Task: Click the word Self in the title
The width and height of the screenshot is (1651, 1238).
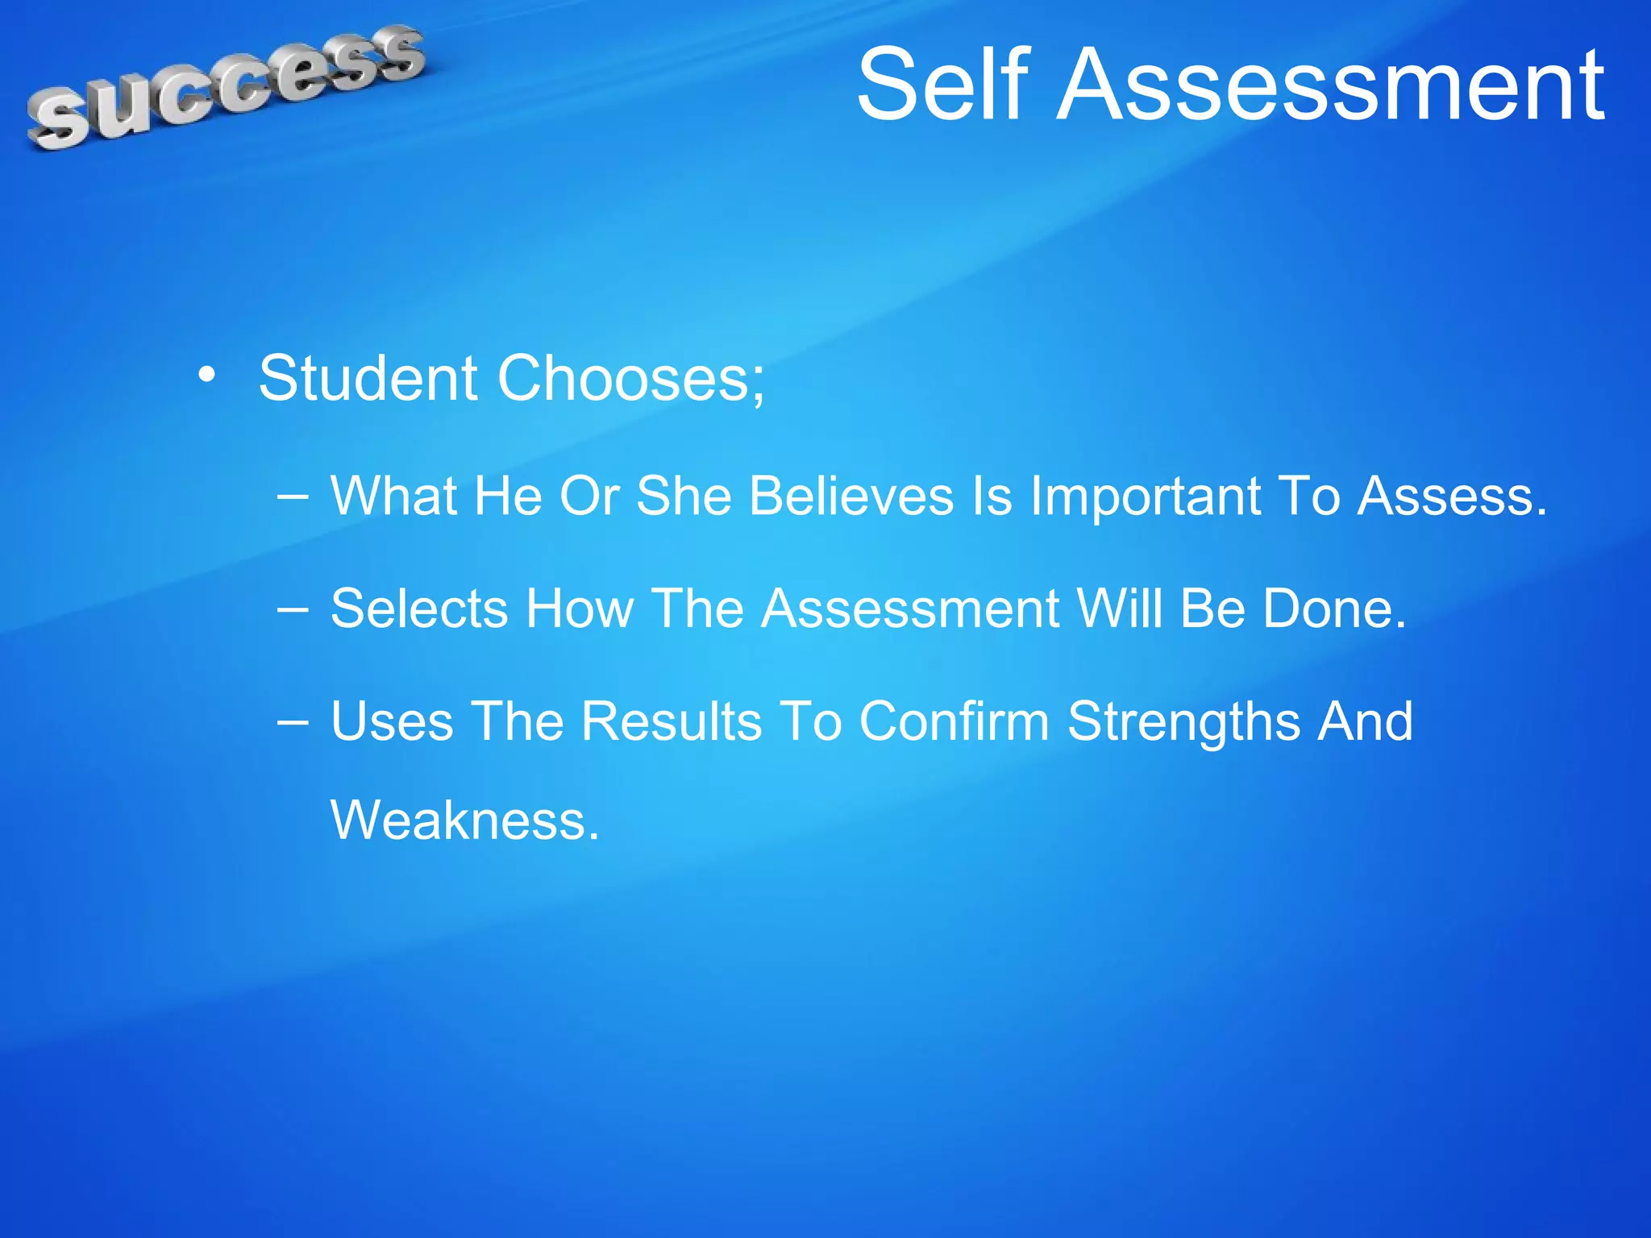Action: tap(943, 85)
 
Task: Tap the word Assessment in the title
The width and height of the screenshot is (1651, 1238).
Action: tap(1330, 85)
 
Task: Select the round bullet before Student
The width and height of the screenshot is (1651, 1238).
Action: tap(207, 376)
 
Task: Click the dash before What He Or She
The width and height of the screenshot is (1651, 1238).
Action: tap(292, 495)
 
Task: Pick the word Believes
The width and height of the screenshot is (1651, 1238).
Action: tap(851, 495)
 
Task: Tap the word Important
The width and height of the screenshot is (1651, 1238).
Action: tap(1146, 495)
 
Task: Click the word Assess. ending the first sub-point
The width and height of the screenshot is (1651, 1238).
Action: tap(1452, 495)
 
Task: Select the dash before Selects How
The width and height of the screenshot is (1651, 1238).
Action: tap(292, 608)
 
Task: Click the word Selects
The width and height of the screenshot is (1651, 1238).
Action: tap(418, 608)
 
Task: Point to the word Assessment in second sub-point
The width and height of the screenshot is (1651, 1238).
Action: tap(910, 608)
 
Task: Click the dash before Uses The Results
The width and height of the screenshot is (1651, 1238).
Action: tap(292, 721)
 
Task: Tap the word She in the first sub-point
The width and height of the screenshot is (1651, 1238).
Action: tap(684, 495)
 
